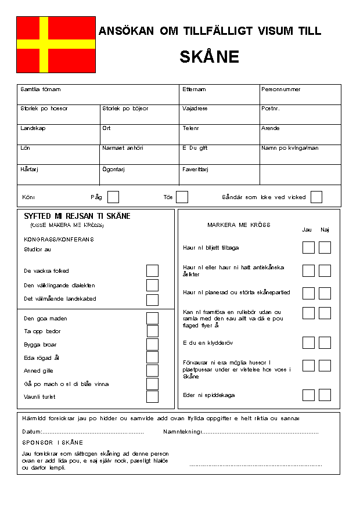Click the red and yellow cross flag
(x=56, y=44)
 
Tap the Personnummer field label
(x=280, y=89)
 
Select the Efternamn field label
(x=194, y=89)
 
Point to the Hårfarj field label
(x=29, y=169)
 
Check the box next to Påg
(x=113, y=197)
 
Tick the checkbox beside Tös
(x=182, y=197)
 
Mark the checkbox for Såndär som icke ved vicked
(x=316, y=197)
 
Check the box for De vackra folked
(x=152, y=270)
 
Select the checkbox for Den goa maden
(x=152, y=318)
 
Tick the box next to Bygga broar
(x=152, y=344)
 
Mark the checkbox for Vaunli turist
(x=152, y=396)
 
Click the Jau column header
(x=307, y=230)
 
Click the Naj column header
(x=325, y=230)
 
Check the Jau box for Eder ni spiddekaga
(x=308, y=395)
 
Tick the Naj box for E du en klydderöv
(x=325, y=343)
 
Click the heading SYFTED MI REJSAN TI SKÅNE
(x=77, y=216)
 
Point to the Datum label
(x=32, y=432)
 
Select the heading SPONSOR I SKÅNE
(x=52, y=442)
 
